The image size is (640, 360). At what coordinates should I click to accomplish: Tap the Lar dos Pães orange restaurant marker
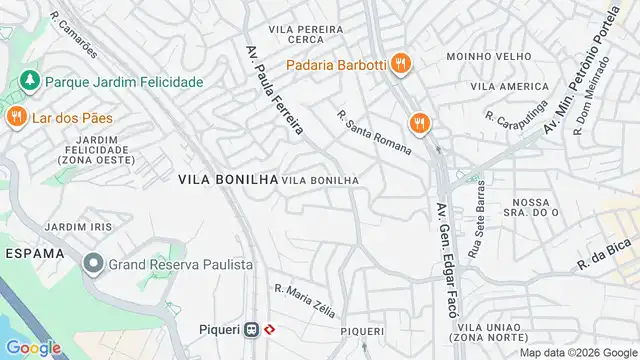click(x=16, y=118)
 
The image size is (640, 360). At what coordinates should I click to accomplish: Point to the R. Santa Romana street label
click(x=374, y=132)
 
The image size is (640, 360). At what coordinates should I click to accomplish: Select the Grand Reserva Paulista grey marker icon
click(x=93, y=265)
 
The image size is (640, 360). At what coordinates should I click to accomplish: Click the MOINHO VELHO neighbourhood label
click(x=484, y=56)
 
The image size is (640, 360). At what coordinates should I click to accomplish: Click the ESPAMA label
click(x=34, y=254)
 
